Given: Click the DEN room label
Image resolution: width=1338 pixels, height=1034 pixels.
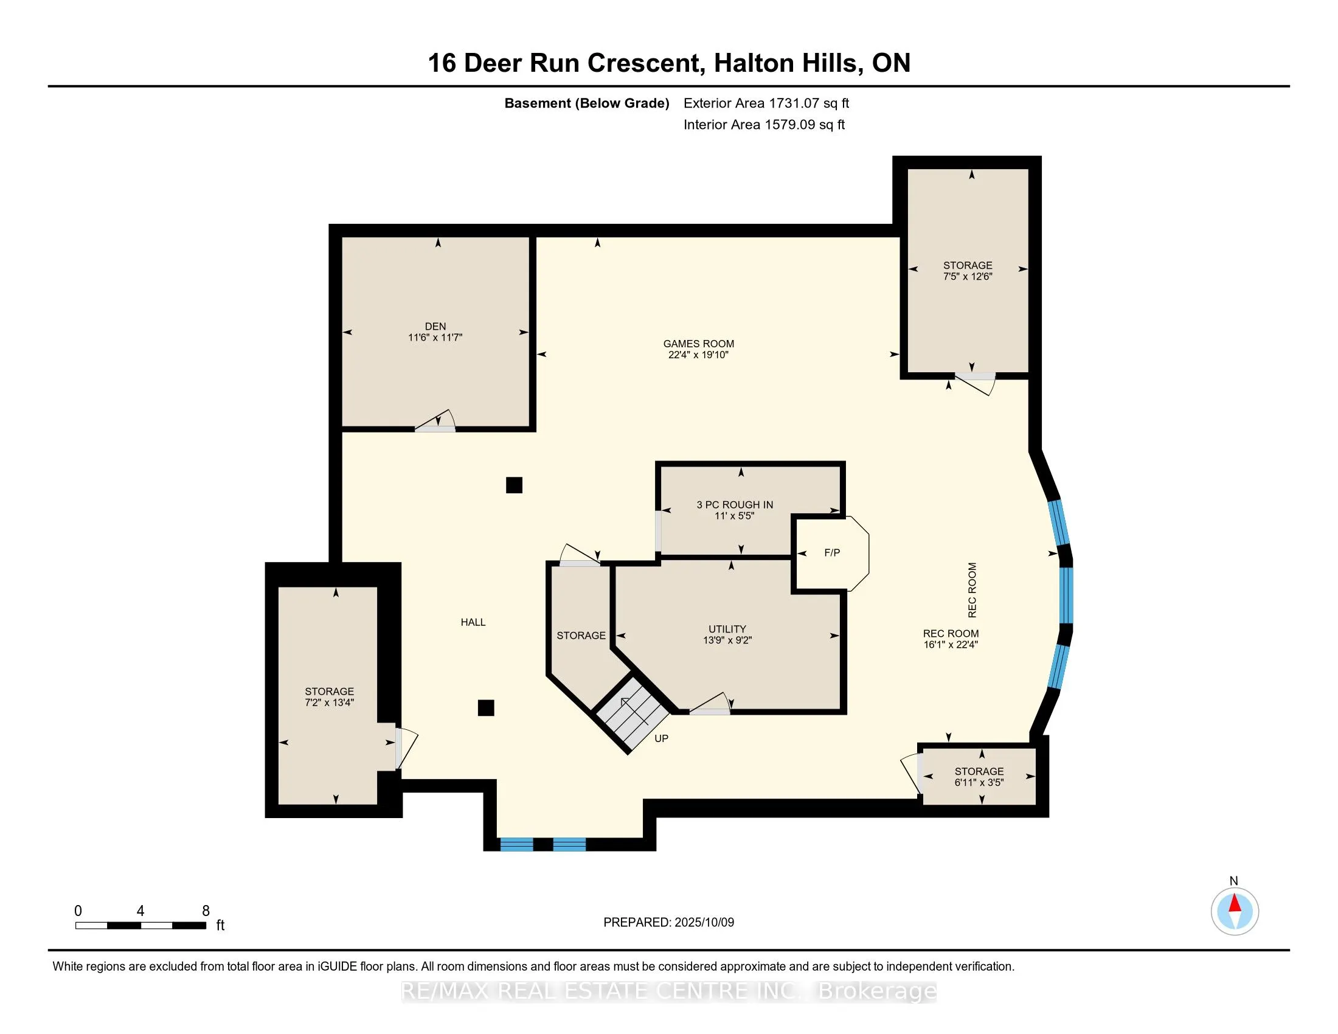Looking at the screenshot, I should click(435, 327).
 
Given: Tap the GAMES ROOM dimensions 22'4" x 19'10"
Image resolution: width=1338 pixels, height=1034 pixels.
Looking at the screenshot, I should click(698, 355).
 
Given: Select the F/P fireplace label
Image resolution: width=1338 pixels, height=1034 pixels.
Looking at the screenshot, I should click(831, 552).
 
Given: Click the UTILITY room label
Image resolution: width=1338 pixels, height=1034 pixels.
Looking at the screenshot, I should click(727, 629).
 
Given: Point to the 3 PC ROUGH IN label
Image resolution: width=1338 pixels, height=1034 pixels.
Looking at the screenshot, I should click(735, 505).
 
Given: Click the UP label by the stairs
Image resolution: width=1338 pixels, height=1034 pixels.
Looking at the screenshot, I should click(661, 739).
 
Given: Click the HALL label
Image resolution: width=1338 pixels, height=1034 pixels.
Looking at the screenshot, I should click(473, 622).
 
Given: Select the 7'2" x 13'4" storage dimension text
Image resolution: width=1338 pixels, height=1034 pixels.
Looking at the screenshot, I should click(329, 703).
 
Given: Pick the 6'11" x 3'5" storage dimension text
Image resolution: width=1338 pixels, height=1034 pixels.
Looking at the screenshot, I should click(979, 782).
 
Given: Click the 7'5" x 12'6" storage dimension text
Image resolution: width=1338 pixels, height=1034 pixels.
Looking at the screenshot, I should click(968, 276).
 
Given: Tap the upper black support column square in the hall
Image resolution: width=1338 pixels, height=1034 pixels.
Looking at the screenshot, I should click(514, 485).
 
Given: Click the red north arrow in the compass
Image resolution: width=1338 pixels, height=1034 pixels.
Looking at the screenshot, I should click(1235, 904).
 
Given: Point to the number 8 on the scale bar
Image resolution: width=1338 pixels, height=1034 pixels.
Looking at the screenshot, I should click(206, 911).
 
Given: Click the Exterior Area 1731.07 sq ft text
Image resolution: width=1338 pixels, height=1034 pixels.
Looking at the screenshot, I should click(766, 103).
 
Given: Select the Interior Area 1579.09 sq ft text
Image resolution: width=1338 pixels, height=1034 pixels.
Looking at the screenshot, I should click(764, 125).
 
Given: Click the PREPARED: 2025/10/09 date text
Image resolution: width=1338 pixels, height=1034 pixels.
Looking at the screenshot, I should click(668, 923).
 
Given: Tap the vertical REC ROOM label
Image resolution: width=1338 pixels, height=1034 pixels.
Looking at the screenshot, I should click(972, 590).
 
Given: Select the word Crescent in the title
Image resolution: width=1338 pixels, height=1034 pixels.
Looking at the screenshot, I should click(643, 63).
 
